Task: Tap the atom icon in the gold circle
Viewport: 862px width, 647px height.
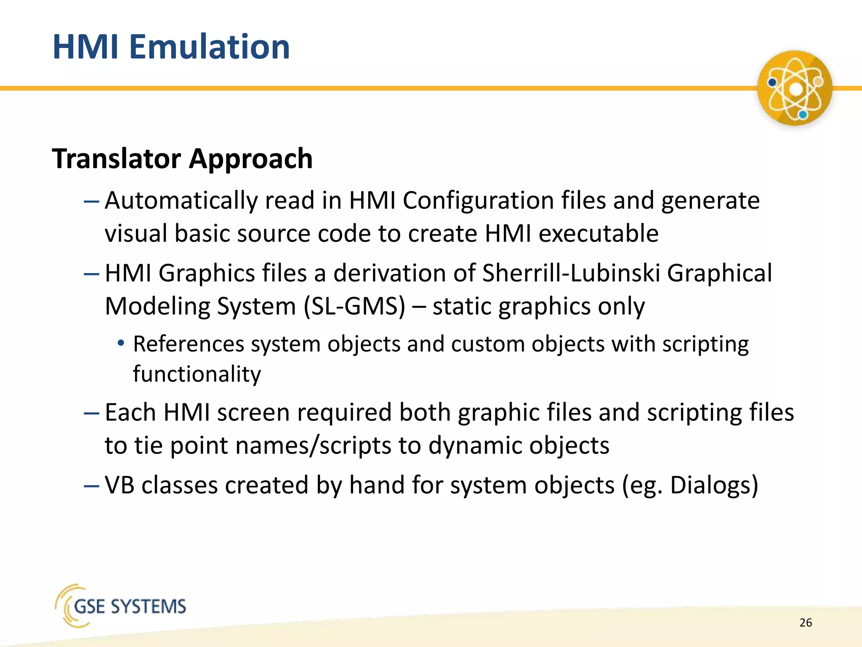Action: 794,88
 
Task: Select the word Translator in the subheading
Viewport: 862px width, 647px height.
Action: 116,159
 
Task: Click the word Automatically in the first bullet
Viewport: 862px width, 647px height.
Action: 181,201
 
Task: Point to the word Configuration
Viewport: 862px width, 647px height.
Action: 478,201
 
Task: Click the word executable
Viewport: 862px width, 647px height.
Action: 598,234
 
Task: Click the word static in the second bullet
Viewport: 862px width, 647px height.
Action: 462,306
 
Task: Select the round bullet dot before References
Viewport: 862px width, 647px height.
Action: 121,343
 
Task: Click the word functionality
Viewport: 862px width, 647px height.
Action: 197,374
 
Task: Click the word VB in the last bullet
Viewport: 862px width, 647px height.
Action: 120,485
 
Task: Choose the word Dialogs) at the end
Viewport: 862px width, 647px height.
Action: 714,485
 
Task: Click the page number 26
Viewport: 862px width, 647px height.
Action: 806,623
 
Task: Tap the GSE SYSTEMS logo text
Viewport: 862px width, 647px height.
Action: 130,607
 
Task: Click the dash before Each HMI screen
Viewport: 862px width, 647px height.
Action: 91,413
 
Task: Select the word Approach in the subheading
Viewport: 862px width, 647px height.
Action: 250,159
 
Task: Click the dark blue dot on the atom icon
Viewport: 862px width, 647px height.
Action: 772,82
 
